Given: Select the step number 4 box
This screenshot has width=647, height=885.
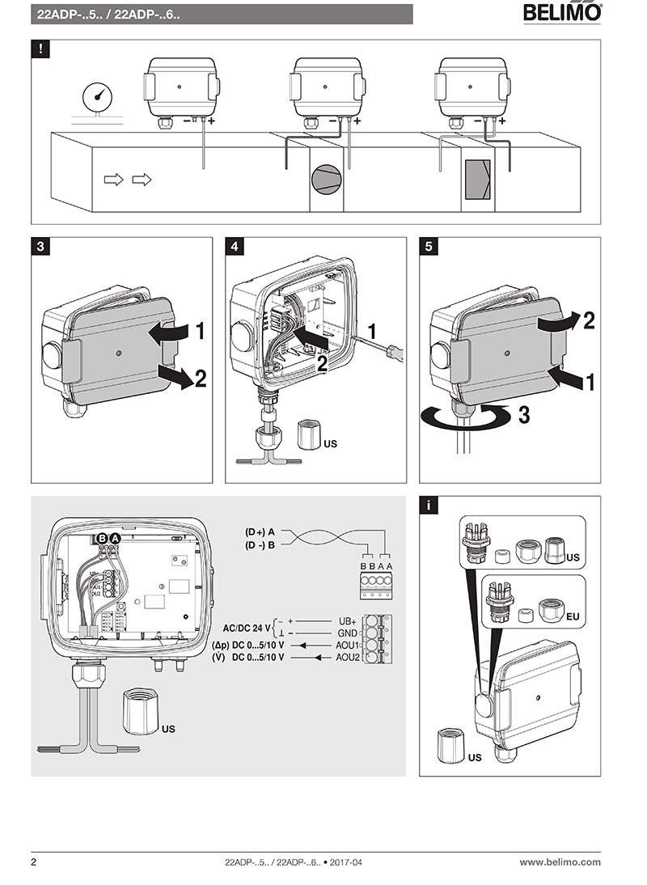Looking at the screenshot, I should pyautogui.click(x=235, y=247).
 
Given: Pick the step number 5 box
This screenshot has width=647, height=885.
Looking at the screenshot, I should pyautogui.click(x=429, y=247).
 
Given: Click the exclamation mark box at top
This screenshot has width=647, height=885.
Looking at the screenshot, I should pyautogui.click(x=40, y=49).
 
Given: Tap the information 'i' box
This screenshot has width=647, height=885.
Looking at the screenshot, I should pyautogui.click(x=429, y=506).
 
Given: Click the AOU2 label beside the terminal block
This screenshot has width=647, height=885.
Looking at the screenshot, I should pyautogui.click(x=348, y=658).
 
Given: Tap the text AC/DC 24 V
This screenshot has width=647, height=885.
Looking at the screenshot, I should pyautogui.click(x=243, y=628).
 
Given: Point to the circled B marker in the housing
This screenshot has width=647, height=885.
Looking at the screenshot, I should pyautogui.click(x=103, y=538).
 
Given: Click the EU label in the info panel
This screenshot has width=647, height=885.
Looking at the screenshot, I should pyautogui.click(x=573, y=616).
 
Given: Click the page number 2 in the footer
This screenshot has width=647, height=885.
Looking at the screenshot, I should pyautogui.click(x=33, y=862).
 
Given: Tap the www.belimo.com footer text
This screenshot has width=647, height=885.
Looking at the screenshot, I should pyautogui.click(x=560, y=862).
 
